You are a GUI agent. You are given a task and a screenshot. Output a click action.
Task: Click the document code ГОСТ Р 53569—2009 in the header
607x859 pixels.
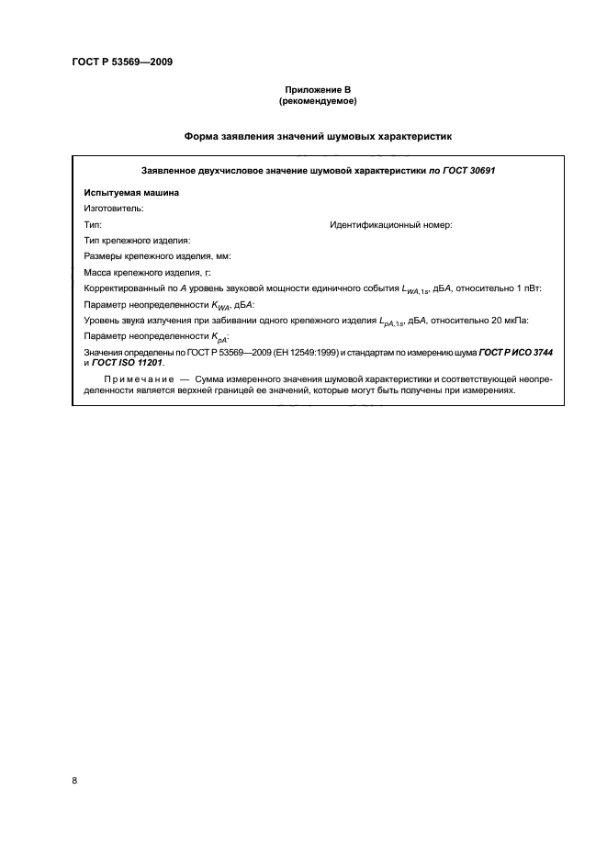[x=122, y=62]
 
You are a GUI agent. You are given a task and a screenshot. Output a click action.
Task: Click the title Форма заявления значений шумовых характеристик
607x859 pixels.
[x=318, y=136]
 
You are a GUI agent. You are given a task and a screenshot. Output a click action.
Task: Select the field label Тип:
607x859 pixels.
[x=93, y=224]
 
